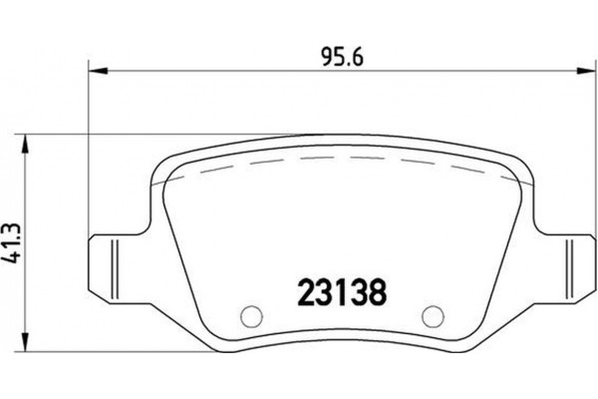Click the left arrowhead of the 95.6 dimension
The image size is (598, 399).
[98, 69]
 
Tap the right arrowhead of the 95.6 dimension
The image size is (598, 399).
[581, 69]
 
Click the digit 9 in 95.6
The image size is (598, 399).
[326, 56]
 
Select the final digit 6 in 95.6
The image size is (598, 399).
[355, 56]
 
